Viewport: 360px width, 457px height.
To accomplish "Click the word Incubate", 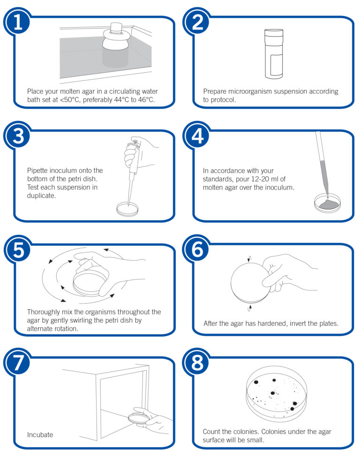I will (40, 434).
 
